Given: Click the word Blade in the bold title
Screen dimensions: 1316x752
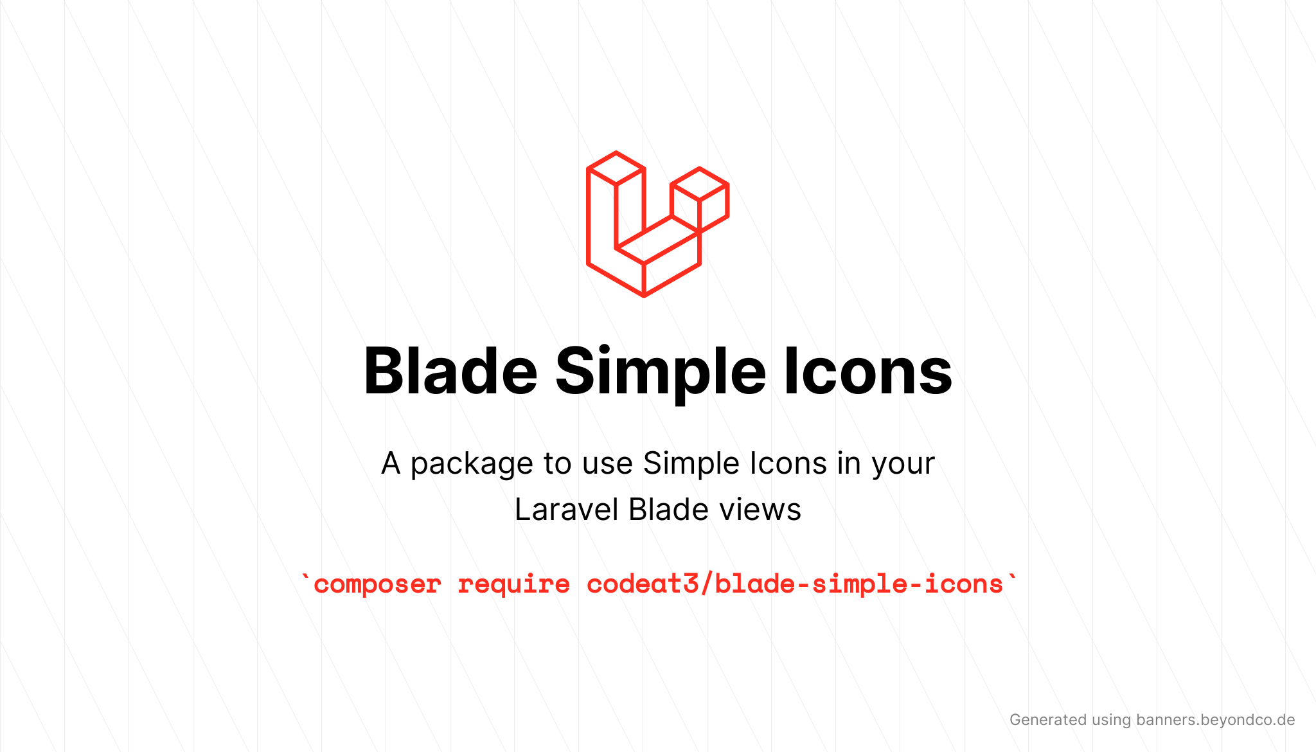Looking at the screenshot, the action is point(450,371).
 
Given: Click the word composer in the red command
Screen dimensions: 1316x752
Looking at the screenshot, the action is point(377,585).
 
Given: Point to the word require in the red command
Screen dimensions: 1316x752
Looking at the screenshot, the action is point(513,585).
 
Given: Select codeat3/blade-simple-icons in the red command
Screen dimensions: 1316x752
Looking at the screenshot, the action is point(795,584).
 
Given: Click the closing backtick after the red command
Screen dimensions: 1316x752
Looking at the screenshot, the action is point(1013,577).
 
